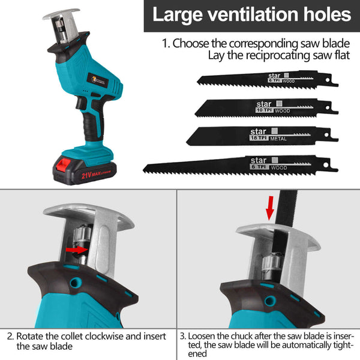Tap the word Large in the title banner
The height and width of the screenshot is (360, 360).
pos(173,15)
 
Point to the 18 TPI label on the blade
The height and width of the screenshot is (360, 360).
pos(262,137)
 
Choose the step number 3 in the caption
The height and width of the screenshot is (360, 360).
pos(184,336)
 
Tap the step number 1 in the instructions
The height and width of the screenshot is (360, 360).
pos(166,44)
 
